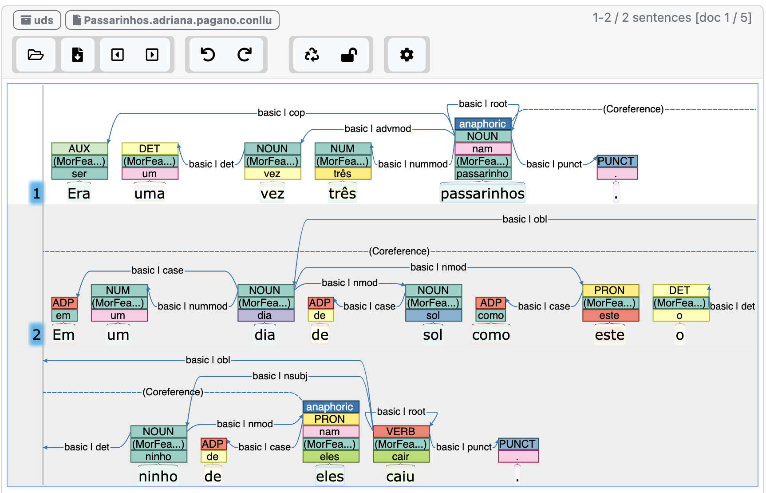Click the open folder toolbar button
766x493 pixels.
coord(36,55)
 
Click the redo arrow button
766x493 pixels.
coord(244,55)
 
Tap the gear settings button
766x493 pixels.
coord(407,55)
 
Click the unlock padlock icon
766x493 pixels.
coord(349,55)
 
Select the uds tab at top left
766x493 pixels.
coord(37,20)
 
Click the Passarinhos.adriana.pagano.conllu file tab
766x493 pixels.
coord(172,20)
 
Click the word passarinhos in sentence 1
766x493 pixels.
coord(482,194)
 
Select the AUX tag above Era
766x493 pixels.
coord(79,148)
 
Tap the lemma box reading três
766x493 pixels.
coord(343,174)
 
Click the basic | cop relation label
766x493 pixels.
coord(281,113)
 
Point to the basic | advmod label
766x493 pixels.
coord(378,129)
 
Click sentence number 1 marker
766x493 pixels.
coord(36,193)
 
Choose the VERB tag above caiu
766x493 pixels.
coord(401,431)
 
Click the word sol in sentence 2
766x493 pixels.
coord(433,335)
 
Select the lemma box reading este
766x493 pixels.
coord(610,315)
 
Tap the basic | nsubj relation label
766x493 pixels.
coord(280,376)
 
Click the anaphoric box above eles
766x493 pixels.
coord(330,407)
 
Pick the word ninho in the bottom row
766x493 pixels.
coord(158,477)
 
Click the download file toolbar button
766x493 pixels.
coord(78,55)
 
